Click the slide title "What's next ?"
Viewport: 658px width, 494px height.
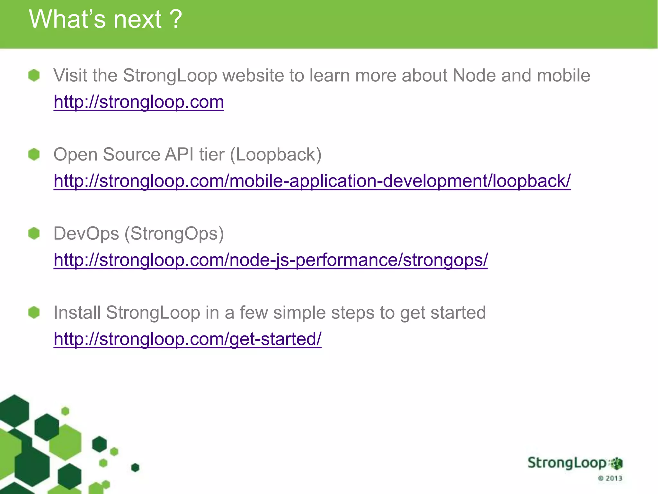105,19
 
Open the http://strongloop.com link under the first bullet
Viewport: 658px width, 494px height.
139,102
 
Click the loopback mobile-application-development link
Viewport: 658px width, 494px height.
312,181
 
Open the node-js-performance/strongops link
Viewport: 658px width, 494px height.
271,260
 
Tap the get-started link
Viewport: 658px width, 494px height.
187,339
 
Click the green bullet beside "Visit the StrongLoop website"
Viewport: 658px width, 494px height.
34,76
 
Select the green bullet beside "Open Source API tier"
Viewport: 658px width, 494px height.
34,154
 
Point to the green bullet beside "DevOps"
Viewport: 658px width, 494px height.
34,233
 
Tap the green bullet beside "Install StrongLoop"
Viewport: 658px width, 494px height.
34,312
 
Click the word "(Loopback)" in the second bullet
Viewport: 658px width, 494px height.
276,155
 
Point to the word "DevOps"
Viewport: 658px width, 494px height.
86,234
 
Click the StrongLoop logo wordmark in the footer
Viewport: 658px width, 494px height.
567,463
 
